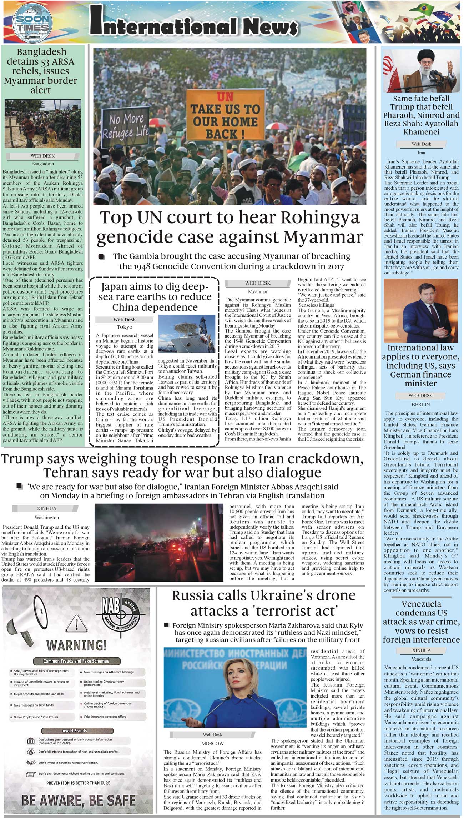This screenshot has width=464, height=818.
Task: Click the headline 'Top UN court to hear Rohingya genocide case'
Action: (x=230, y=227)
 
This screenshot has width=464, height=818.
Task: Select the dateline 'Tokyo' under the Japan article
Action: (x=125, y=327)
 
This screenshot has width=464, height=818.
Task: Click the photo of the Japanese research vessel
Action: (x=187, y=334)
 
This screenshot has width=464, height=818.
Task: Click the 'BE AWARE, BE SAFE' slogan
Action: (x=79, y=800)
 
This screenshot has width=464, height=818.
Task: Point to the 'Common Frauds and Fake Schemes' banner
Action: (x=76, y=661)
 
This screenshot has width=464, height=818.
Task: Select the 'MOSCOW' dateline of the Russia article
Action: (x=212, y=743)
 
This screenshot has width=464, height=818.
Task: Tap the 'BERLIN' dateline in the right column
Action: (x=420, y=404)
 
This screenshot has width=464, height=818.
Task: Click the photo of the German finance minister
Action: (x=420, y=310)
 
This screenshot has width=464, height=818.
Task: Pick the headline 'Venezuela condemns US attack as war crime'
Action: (x=421, y=622)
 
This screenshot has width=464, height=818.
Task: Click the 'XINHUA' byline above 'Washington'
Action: (x=47, y=508)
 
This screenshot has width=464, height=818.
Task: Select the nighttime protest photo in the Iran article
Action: (x=159, y=542)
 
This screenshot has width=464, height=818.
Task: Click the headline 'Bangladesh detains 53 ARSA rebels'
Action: (x=41, y=71)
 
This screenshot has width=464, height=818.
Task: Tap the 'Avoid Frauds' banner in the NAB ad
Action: (x=75, y=731)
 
